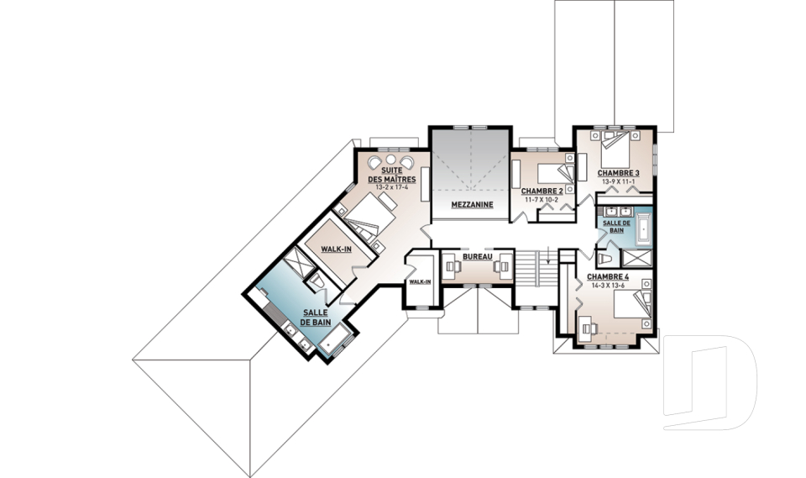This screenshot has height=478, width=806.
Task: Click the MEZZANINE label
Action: tap(472, 205)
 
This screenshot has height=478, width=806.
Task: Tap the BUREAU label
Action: tap(478, 256)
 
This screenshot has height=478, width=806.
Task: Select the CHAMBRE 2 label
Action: tap(542, 192)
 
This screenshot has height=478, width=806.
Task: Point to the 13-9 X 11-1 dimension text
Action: tap(619, 181)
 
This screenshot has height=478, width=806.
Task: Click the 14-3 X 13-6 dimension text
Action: tap(608, 285)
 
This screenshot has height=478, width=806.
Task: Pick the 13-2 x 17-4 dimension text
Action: tap(392, 186)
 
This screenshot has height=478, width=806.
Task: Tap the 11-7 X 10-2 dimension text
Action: tap(542, 199)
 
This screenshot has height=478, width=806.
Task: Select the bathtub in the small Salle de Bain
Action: tap(644, 229)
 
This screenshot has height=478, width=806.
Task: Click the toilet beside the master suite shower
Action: tap(315, 281)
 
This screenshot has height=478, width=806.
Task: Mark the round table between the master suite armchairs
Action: tap(391, 159)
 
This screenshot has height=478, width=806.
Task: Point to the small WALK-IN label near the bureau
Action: tap(420, 281)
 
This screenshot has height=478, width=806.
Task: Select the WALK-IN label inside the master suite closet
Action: tap(336, 249)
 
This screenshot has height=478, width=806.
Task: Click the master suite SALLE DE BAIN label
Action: tap(315, 318)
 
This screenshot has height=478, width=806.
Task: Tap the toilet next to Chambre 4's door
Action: tap(605, 258)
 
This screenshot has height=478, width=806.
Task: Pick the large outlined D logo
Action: tap(710, 382)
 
